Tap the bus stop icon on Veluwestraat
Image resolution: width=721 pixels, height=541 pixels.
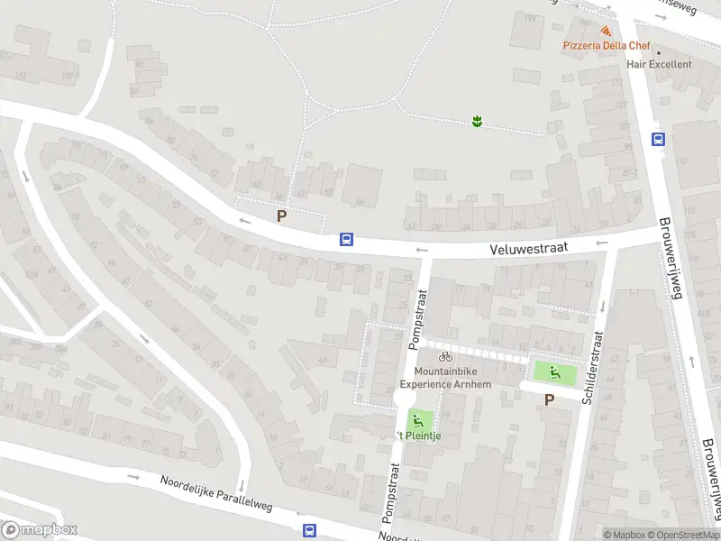(346, 240)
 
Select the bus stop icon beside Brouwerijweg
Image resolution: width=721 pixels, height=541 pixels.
(659, 139)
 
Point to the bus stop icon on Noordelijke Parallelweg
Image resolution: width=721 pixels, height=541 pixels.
(310, 530)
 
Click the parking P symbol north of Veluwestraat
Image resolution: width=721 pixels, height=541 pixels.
(282, 216)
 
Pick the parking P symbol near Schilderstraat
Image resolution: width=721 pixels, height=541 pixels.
(550, 399)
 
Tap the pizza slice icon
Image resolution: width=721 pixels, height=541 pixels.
(605, 31)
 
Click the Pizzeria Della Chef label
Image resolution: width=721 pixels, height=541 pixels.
(605, 45)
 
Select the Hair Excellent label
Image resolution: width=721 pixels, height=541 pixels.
(659, 64)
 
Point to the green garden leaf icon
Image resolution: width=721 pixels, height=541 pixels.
(477, 121)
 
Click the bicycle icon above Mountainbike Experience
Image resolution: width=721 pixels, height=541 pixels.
(445, 357)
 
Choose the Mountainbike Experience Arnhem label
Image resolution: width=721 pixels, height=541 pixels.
(446, 378)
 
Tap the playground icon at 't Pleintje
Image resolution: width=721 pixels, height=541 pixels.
(417, 419)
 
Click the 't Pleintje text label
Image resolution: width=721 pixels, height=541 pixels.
(420, 437)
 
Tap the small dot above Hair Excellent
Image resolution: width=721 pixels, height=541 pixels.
(658, 51)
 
